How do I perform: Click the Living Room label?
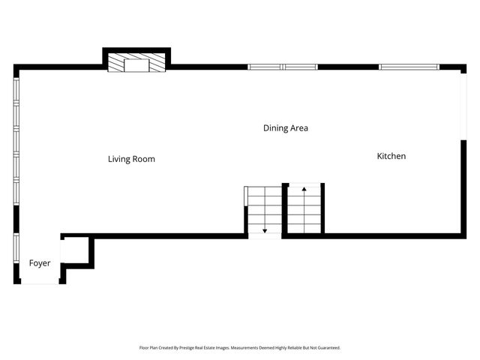click(131, 159)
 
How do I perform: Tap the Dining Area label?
click(286, 128)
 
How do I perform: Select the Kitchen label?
click(391, 156)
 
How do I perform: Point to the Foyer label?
click(40, 263)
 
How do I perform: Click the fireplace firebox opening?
click(136, 65)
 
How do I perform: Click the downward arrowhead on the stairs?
click(265, 231)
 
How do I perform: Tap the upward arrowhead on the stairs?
click(304, 189)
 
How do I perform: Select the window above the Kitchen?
click(409, 67)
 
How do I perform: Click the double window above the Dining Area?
click(283, 67)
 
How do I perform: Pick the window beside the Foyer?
click(16, 248)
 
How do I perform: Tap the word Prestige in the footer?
click(187, 348)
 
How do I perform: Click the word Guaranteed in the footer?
click(328, 348)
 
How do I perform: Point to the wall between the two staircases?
click(285, 211)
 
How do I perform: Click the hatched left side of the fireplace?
click(116, 63)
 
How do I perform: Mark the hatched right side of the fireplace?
click(157, 63)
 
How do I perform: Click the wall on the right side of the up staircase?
click(322, 208)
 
